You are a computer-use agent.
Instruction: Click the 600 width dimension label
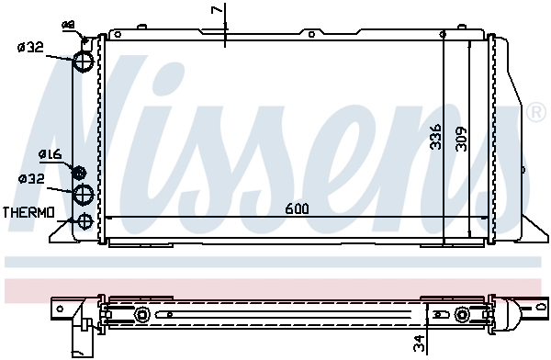(297, 208)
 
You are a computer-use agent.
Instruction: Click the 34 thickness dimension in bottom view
(420, 343)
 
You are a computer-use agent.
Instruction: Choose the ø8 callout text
(68, 24)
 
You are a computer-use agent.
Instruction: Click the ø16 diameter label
(50, 154)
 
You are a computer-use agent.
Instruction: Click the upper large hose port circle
(84, 61)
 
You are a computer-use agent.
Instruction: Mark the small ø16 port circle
(79, 173)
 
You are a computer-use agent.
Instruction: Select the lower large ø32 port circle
(84, 193)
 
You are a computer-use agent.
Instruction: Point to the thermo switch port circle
(84, 220)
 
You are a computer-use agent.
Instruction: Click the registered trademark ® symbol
(535, 113)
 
